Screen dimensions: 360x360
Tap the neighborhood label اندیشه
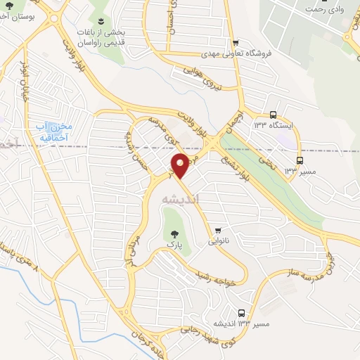pos(181,200)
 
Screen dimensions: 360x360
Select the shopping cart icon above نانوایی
pos(219,230)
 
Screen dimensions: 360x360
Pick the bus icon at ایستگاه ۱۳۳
pos(274,115)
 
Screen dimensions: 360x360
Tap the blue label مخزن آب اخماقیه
pos(54,131)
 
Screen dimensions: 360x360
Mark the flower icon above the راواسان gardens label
pos(101,20)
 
